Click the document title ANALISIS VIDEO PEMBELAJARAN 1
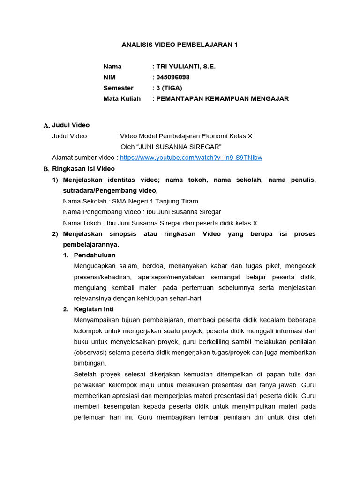(180, 45)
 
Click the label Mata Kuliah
(122, 99)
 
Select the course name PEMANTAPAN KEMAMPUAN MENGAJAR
(222, 99)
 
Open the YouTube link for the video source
(191, 158)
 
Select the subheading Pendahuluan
(94, 255)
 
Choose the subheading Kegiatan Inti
(94, 309)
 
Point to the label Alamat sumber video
(82, 158)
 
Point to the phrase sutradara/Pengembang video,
(110, 191)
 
